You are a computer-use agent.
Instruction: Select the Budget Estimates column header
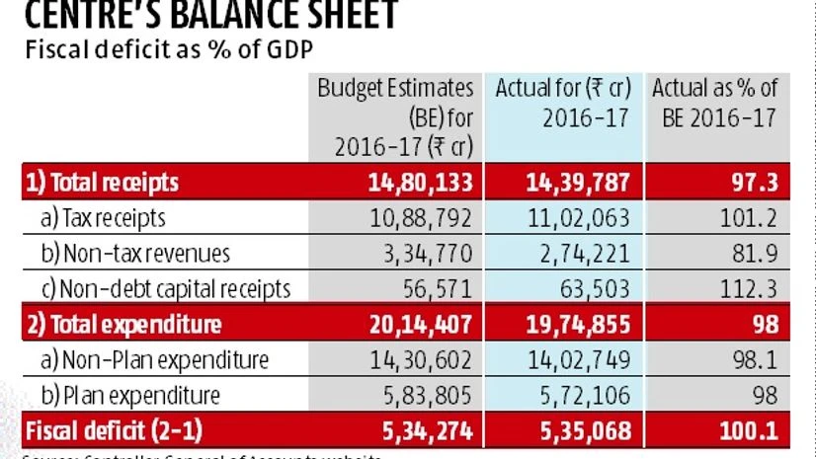click(395, 116)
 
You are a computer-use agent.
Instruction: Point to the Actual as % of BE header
click(714, 102)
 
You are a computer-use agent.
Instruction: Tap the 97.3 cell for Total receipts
click(753, 182)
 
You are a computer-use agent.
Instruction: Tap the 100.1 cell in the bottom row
click(748, 430)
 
